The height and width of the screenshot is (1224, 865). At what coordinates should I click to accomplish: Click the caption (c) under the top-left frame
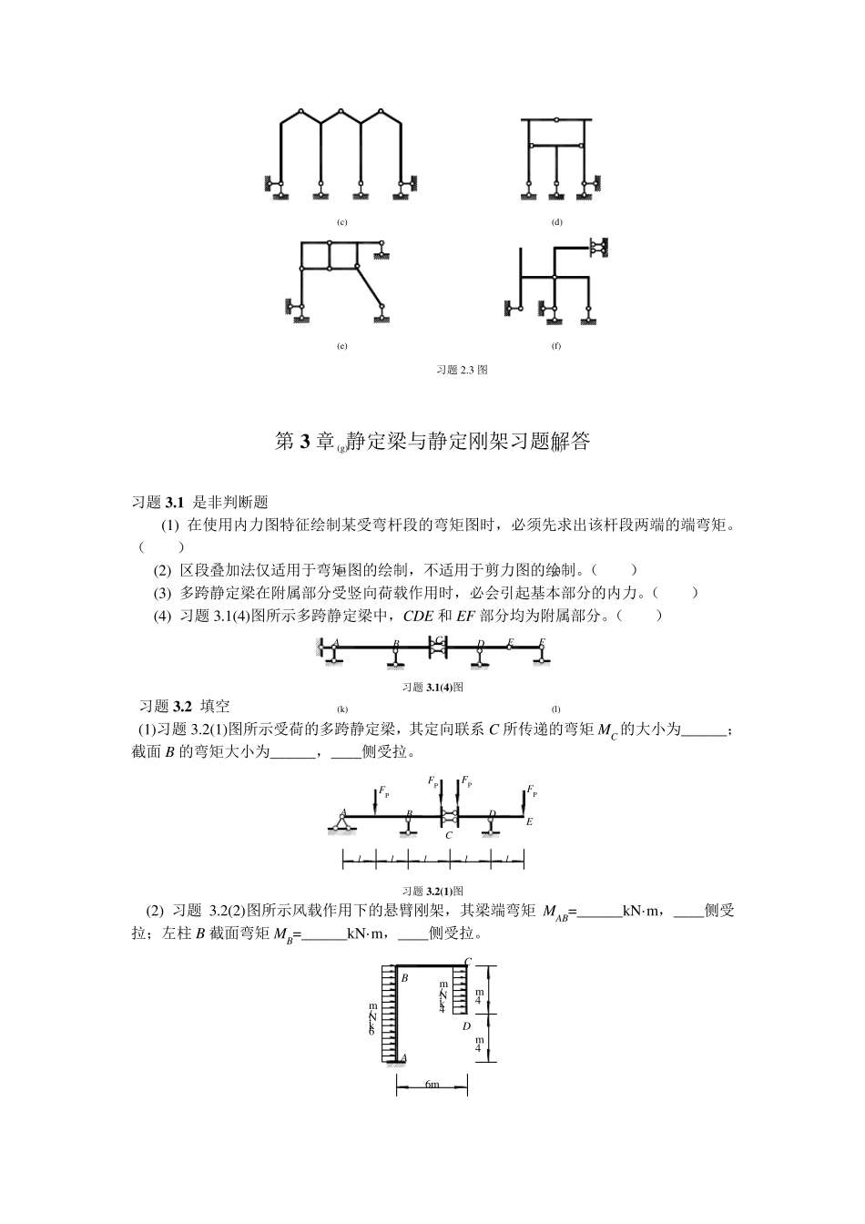click(x=341, y=222)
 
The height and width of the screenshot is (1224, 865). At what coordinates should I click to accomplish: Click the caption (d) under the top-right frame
click(x=556, y=222)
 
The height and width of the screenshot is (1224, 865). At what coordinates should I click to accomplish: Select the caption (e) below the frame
click(x=341, y=346)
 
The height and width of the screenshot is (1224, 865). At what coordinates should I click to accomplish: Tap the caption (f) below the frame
click(x=556, y=346)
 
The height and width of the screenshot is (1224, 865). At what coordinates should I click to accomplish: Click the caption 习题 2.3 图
click(x=462, y=370)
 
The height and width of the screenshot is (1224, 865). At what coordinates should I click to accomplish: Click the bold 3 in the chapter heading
click(x=305, y=443)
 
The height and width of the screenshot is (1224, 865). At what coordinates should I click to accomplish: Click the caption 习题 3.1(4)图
click(x=433, y=687)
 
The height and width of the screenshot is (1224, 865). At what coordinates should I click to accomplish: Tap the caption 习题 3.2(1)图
click(x=433, y=891)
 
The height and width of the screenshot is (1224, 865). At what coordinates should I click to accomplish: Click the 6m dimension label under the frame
click(x=432, y=1085)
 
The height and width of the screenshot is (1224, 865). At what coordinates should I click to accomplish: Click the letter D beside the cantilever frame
click(x=465, y=1026)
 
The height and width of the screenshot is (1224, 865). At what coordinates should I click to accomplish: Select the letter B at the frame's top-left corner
click(x=404, y=977)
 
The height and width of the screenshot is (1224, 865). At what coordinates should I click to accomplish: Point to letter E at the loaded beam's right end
click(x=529, y=821)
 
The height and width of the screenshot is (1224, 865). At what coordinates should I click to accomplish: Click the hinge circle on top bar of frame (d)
click(x=555, y=119)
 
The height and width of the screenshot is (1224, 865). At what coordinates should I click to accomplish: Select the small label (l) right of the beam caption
click(x=555, y=709)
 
